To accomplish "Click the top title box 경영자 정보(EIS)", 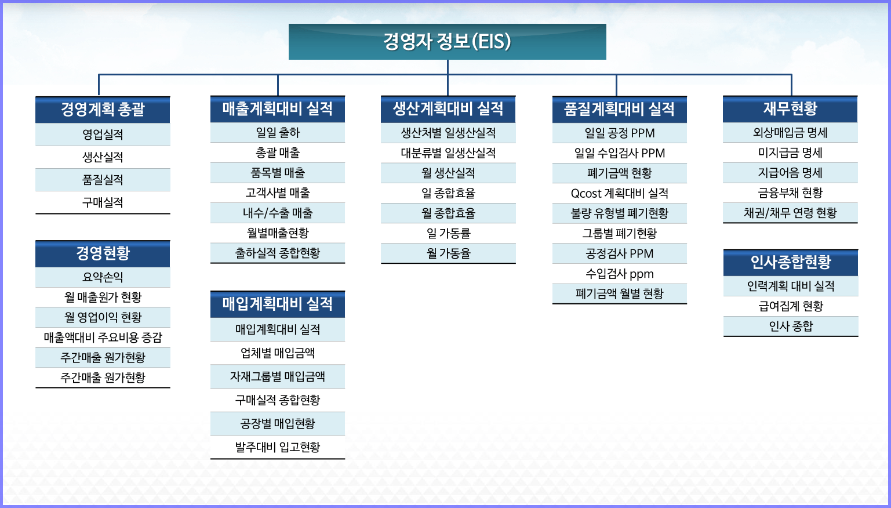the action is pyautogui.click(x=447, y=42).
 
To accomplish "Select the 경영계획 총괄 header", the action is pyautogui.click(x=103, y=110).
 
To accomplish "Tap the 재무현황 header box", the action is pyautogui.click(x=790, y=108).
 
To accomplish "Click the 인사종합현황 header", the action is pyautogui.click(x=790, y=262).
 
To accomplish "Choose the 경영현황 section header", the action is pyautogui.click(x=103, y=253).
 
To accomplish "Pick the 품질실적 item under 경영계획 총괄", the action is pyautogui.click(x=103, y=180).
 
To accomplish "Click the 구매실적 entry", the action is pyautogui.click(x=103, y=202).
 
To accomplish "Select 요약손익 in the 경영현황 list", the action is pyautogui.click(x=103, y=277).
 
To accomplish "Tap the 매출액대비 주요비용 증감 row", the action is pyautogui.click(x=103, y=338).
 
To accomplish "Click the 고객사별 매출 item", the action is pyautogui.click(x=277, y=193).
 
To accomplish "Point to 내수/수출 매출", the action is pyautogui.click(x=277, y=213).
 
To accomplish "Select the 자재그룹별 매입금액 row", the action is pyautogui.click(x=277, y=376).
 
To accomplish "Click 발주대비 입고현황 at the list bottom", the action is pyautogui.click(x=277, y=447).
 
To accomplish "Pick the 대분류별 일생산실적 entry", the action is pyautogui.click(x=448, y=153).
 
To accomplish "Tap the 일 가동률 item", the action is pyautogui.click(x=448, y=233).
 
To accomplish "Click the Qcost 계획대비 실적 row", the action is pyautogui.click(x=619, y=193).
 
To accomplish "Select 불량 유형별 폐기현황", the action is pyautogui.click(x=619, y=213).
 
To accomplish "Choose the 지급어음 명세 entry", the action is pyautogui.click(x=790, y=173).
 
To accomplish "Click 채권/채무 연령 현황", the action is pyautogui.click(x=790, y=213).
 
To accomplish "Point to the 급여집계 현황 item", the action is pyautogui.click(x=790, y=306).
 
